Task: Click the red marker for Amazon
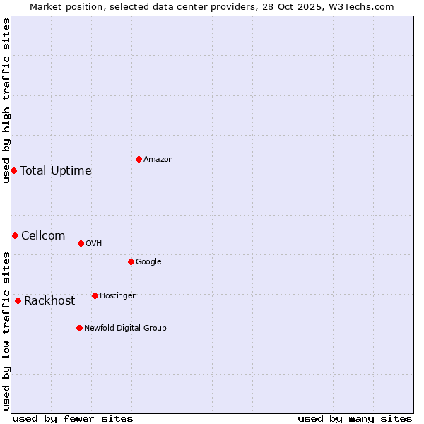point(139,159)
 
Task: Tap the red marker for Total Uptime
point(13,170)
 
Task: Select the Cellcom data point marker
point(15,235)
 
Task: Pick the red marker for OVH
point(81,243)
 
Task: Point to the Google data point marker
point(131,261)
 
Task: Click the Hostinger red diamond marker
point(95,295)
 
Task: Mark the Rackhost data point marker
point(18,300)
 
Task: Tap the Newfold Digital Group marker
point(79,328)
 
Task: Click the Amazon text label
point(158,160)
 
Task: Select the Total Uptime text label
point(56,171)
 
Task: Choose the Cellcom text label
point(43,236)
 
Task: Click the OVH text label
point(94,244)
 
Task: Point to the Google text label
point(148,262)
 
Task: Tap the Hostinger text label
point(117,296)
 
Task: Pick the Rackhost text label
point(49,301)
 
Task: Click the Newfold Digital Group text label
point(125,329)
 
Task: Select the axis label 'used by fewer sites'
point(73,418)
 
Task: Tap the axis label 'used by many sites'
point(355,418)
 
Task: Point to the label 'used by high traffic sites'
point(6,100)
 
